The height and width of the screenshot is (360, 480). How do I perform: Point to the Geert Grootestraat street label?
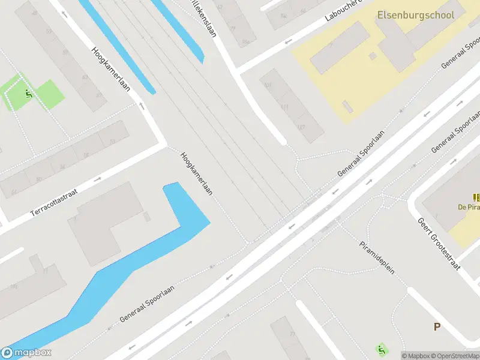coord(440,243)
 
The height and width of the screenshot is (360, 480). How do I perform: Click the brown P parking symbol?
coord(437,327)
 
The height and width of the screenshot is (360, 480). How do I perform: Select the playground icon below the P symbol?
coord(380,349)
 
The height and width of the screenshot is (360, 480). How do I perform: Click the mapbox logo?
coord(26,353)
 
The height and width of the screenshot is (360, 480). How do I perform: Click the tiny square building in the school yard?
coord(373,56)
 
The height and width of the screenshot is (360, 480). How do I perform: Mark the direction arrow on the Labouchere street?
coord(289,42)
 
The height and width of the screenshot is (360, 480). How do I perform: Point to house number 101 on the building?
coord(268,85)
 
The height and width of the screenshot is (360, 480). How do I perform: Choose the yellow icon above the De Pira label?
coord(476,197)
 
